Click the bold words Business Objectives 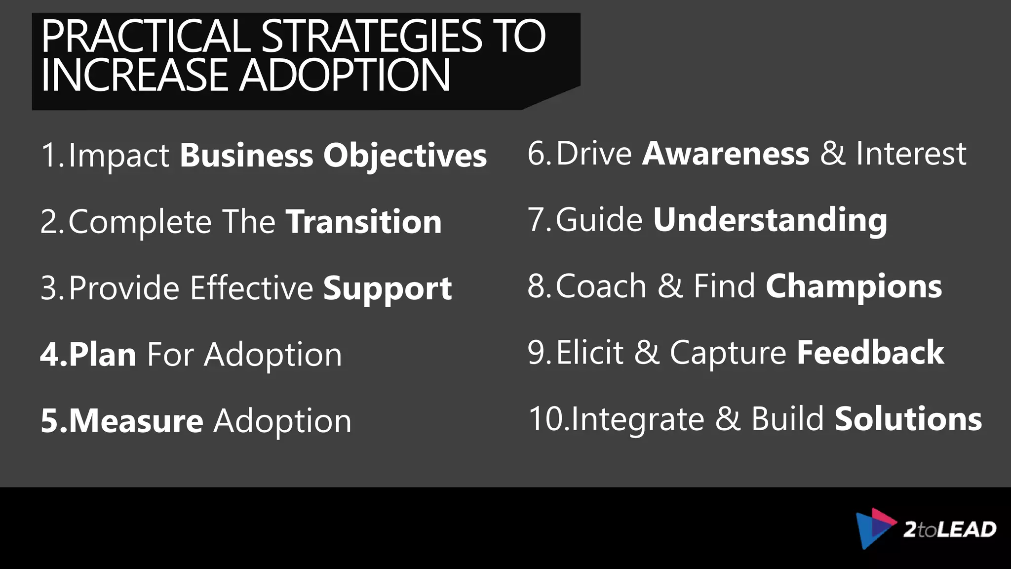333,156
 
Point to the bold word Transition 364,222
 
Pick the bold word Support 388,288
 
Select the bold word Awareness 726,154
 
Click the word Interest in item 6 911,154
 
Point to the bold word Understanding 770,220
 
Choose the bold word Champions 854,286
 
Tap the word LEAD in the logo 966,529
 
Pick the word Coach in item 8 601,286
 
